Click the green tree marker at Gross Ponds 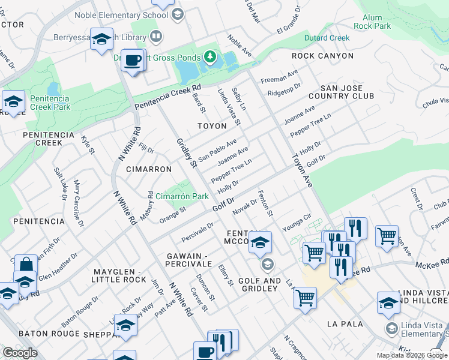209,57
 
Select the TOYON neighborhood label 212,126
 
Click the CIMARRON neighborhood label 149,169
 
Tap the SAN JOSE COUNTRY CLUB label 341,92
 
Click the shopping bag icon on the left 26,264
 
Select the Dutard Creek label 327,38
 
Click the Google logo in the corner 20,353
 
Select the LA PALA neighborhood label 345,323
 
